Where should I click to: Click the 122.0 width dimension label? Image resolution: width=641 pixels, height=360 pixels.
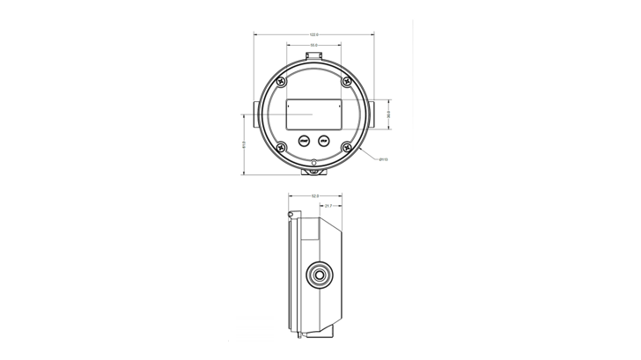(313, 34)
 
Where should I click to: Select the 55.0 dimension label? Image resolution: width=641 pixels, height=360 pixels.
(313, 44)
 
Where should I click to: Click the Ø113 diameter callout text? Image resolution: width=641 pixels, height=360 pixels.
(384, 160)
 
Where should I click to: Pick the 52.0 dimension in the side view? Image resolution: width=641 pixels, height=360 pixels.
(314, 195)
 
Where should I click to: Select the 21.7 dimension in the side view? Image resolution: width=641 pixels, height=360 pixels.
(328, 206)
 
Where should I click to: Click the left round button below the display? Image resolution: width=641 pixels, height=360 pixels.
(302, 140)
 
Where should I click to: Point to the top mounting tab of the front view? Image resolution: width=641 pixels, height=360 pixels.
(313, 55)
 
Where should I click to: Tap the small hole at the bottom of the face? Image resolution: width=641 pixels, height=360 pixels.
(313, 162)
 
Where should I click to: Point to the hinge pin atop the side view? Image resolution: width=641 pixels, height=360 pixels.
(290, 214)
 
